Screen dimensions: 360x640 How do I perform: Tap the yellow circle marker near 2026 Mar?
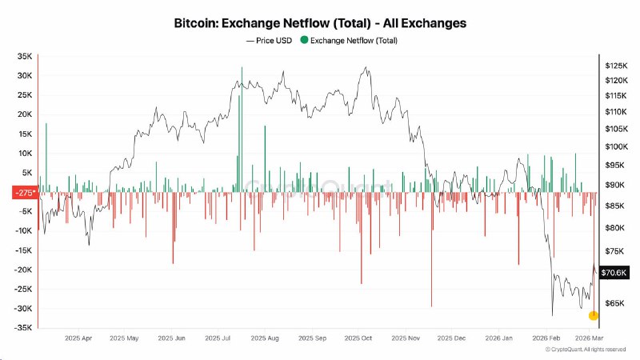pyautogui.click(x=593, y=315)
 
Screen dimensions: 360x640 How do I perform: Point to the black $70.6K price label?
pyautogui.click(x=614, y=272)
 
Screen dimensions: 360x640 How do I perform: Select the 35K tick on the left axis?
pyautogui.click(x=24, y=56)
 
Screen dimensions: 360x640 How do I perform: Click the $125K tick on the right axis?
pyautogui.click(x=617, y=65)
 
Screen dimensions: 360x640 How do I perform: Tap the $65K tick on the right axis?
pyautogui.click(x=615, y=303)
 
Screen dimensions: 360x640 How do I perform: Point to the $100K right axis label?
pyautogui.click(x=617, y=146)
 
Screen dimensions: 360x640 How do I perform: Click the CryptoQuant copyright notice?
pyautogui.click(x=586, y=350)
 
